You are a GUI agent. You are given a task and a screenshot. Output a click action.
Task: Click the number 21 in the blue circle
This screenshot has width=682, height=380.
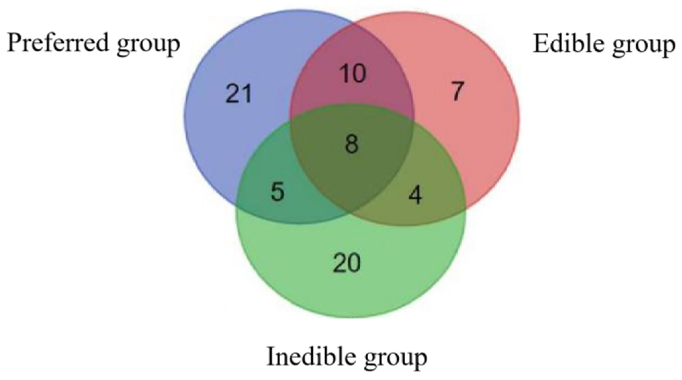[x=239, y=94]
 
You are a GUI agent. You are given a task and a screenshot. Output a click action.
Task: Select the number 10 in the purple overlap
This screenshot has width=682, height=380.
[x=354, y=73]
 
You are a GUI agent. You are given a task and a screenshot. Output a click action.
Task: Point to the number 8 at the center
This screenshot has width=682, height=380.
[x=351, y=144]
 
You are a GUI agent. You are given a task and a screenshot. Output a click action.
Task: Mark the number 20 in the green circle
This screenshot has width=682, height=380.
[x=346, y=263]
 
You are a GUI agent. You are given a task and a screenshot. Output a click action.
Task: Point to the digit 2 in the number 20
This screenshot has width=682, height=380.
[x=339, y=263]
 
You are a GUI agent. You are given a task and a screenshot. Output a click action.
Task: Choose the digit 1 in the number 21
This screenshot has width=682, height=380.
[x=247, y=94]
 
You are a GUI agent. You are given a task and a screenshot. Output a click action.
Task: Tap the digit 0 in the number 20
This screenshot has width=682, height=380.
[x=353, y=263]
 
